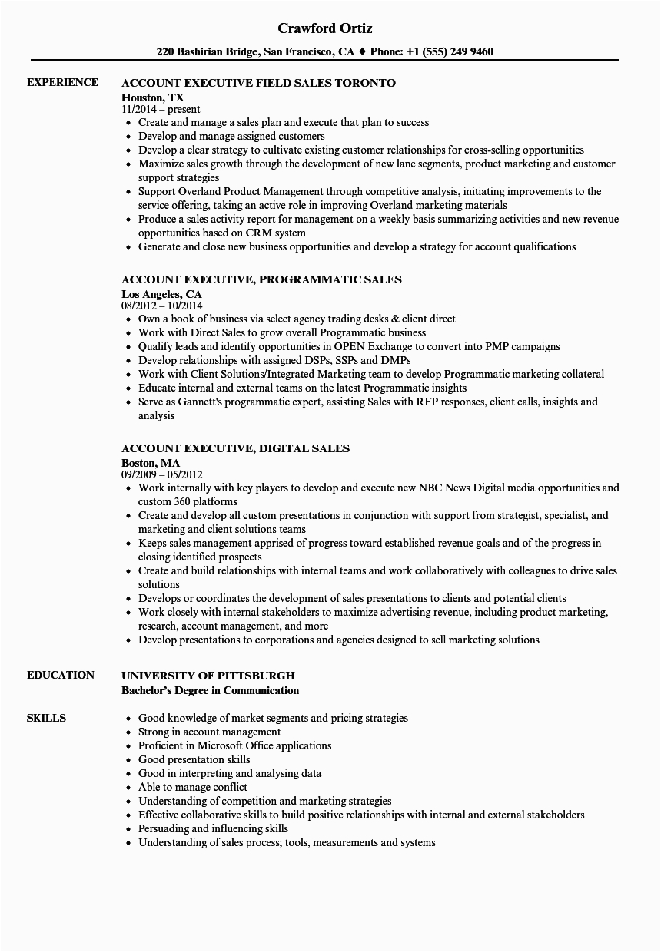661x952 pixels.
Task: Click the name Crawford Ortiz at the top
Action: (x=325, y=28)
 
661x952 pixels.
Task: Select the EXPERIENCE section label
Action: (x=62, y=82)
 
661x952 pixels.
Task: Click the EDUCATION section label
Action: (x=60, y=675)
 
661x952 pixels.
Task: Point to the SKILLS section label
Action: (x=46, y=718)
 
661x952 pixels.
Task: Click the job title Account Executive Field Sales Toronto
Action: (x=258, y=83)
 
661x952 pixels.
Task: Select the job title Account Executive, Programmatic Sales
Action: (x=261, y=279)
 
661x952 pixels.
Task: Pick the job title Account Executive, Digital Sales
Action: (x=235, y=448)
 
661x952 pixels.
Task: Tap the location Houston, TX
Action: (x=152, y=97)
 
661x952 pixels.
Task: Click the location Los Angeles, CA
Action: (x=161, y=293)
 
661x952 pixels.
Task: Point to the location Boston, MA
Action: (x=151, y=462)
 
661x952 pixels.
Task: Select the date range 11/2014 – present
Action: (x=161, y=109)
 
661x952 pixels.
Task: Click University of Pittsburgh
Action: (x=208, y=676)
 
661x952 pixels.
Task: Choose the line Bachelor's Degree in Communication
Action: (x=210, y=690)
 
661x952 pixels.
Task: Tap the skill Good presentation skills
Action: (x=194, y=759)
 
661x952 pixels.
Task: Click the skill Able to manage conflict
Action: (x=192, y=787)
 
